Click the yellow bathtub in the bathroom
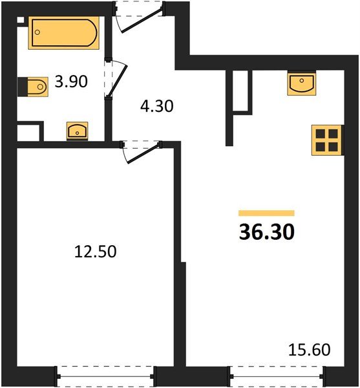tap(63, 33)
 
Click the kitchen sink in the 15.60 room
tap(301, 83)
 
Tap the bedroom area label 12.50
tap(96, 252)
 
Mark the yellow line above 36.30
tap(266, 213)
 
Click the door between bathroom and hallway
tap(115, 80)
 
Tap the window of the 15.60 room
tap(276, 374)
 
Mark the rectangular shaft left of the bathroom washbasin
tap(28, 133)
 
